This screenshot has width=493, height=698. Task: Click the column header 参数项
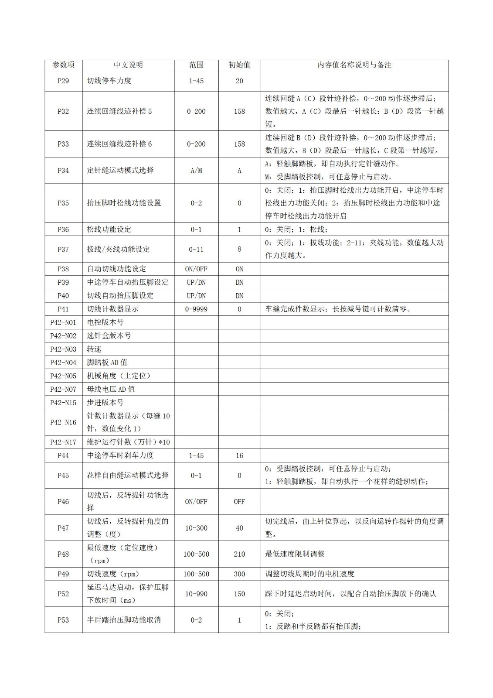coord(63,65)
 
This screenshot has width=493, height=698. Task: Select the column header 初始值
coord(239,65)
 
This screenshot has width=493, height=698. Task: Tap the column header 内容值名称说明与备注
coord(354,65)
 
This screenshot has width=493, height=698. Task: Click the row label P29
coord(63,81)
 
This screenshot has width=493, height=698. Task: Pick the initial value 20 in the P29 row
coord(239,81)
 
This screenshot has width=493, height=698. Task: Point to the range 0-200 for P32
coord(196,111)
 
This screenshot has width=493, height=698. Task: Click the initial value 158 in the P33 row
coord(239,144)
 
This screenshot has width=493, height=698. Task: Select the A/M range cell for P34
coord(196,171)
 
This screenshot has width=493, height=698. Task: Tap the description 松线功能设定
coord(109,229)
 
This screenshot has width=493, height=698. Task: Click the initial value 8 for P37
coord(239,250)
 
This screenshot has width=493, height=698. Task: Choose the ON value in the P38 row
coord(239,269)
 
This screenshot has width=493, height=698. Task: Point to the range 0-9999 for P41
coord(196,309)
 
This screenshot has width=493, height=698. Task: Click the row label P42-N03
coord(63,349)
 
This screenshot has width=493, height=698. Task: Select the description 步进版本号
coord(105,402)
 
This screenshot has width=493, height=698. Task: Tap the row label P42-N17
coord(63,442)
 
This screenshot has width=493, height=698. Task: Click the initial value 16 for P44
coord(239,455)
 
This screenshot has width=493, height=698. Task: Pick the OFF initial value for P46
coord(239,502)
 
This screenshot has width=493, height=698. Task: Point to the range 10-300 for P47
coord(196,528)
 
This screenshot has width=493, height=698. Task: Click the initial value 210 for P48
coord(239,554)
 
